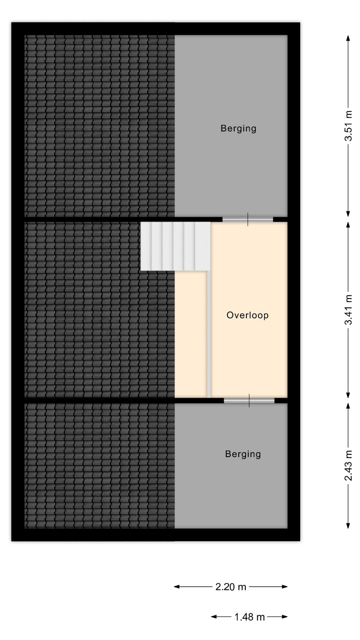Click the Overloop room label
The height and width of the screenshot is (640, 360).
pos(247,315)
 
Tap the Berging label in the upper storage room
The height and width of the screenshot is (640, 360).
pos(238,128)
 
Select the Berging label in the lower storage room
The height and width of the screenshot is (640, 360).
pos(243,454)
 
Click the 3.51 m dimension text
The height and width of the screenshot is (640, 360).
pos(348,126)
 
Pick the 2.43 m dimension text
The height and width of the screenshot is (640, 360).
pos(348,466)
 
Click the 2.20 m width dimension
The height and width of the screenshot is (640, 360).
pos(231,587)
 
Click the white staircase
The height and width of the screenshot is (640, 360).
pos(175,246)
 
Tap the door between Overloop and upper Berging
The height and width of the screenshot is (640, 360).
pos(248,219)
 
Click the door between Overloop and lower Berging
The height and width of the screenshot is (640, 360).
pos(249,400)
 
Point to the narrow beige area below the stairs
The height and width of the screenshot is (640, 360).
pos(191,334)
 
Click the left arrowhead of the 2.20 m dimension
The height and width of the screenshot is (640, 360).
pos(176,587)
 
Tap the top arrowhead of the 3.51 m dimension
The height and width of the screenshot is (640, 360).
pos(348,38)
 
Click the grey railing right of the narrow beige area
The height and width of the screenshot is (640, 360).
pos(209,334)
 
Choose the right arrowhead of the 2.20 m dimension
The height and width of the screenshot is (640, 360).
pos(285,587)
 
